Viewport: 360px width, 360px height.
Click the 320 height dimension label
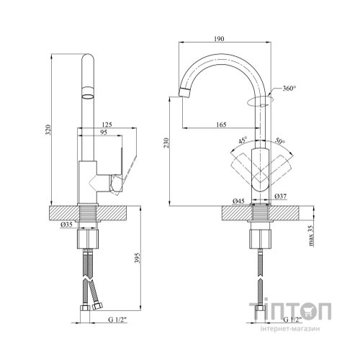coord(48,130)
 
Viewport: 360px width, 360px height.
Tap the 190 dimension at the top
coord(219,39)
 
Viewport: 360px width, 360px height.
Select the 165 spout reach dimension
coord(221,125)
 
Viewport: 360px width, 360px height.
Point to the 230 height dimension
coord(166,143)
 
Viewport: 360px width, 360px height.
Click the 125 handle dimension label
coord(107,125)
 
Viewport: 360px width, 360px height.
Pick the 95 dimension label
coord(104,132)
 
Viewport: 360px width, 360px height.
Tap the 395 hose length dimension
coord(137,258)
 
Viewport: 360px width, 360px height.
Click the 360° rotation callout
coord(289,89)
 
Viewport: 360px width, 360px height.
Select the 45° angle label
coord(243,140)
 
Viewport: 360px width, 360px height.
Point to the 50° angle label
coord(280,140)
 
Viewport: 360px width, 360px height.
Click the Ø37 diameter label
coord(281,197)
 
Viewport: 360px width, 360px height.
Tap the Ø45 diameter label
coord(238,201)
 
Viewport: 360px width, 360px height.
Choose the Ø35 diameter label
coord(66,225)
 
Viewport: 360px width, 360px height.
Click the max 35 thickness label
coord(311,235)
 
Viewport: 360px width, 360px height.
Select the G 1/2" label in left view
coord(117,320)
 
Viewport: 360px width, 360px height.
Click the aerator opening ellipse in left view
coord(87,96)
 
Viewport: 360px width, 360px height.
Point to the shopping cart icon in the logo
coord(305,311)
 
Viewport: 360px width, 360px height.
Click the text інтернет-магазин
coord(290,329)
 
